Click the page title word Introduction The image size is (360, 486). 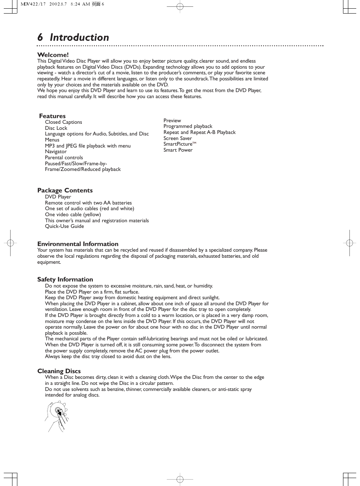click(x=79, y=37)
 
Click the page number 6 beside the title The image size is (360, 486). click(x=40, y=37)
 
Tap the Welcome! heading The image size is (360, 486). click(x=53, y=55)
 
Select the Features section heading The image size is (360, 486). click(x=52, y=116)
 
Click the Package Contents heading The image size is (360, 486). click(x=65, y=190)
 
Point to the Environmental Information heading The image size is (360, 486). click(x=78, y=244)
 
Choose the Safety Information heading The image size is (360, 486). click(x=65, y=279)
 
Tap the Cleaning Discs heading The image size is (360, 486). click(x=59, y=371)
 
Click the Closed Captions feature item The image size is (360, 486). click(x=63, y=122)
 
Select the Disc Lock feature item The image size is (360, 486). click(x=56, y=128)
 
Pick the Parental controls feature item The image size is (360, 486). click(x=64, y=157)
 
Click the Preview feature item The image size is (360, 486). click(x=172, y=120)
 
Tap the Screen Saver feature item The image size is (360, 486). click(x=177, y=138)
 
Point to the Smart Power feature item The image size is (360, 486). click(x=178, y=150)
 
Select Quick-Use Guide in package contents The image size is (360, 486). click(x=65, y=226)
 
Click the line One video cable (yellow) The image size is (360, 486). click(x=73, y=214)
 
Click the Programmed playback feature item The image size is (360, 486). click(x=188, y=126)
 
